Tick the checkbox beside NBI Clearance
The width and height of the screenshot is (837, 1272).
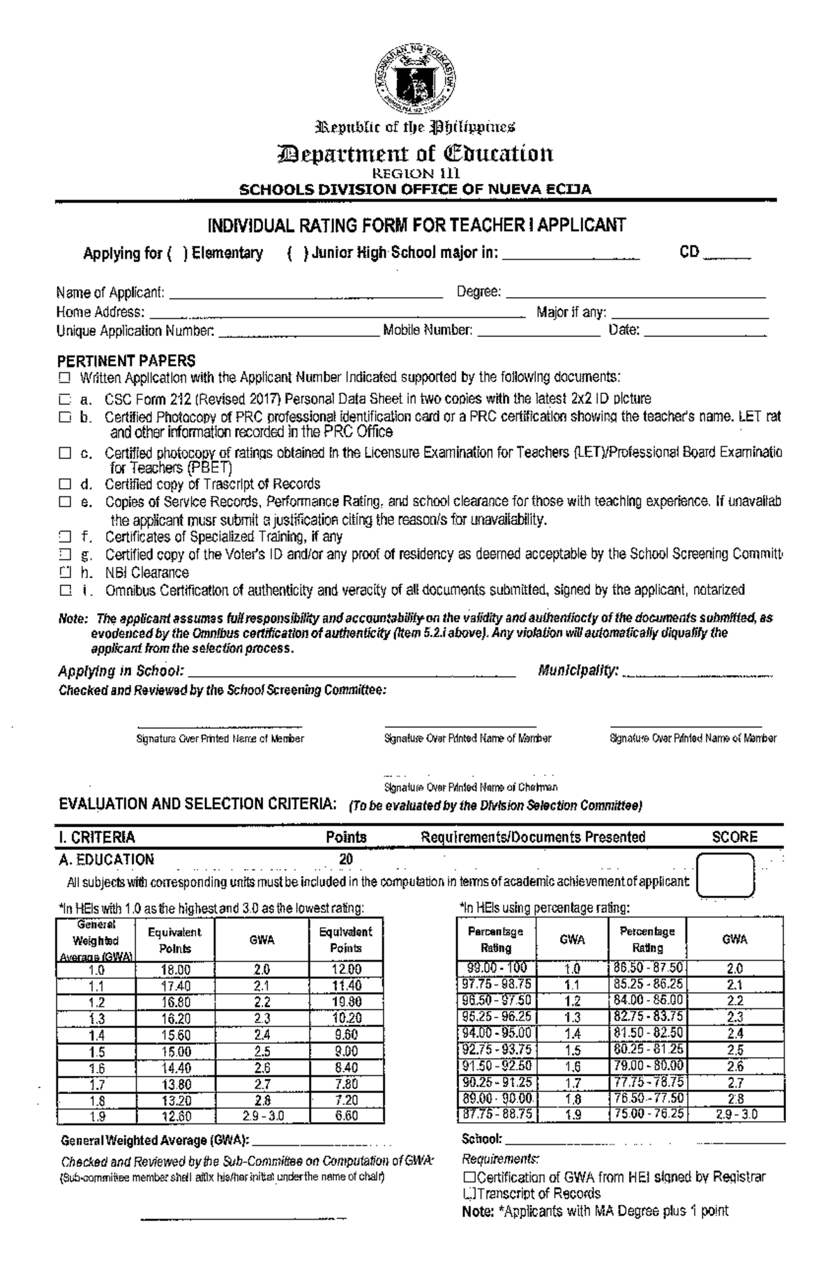65,573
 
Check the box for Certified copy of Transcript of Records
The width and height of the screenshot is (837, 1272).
65,484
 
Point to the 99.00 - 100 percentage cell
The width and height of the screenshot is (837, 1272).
495,968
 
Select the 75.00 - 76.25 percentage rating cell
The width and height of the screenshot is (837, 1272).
648,1114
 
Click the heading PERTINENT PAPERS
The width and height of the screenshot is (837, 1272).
126,361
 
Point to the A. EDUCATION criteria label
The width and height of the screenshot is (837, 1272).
106,860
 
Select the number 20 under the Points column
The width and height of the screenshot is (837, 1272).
346,860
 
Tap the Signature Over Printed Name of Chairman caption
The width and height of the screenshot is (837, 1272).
471,787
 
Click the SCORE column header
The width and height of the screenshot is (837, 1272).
734,837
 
